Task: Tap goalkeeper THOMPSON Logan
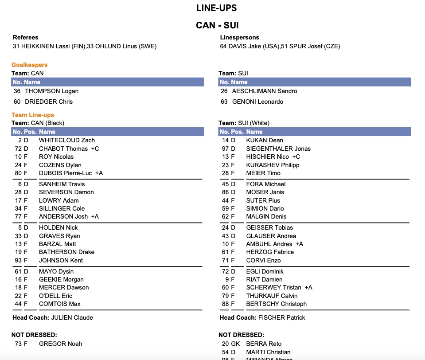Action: click(51, 91)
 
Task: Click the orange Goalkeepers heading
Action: click(29, 65)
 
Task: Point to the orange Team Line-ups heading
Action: click(33, 115)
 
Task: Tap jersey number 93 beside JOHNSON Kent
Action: click(18, 260)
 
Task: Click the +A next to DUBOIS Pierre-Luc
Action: click(99, 173)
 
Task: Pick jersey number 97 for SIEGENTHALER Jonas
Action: click(225, 149)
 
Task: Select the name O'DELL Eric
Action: click(55, 296)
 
